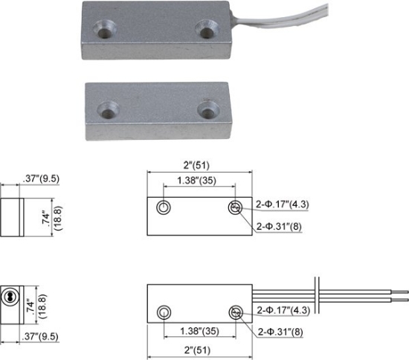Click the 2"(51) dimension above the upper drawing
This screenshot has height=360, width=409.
[x=199, y=167]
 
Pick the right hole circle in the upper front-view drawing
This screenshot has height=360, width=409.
[x=236, y=207]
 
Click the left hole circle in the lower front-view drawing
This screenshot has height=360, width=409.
[x=164, y=312]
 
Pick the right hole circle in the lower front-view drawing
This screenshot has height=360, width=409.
[x=236, y=312]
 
